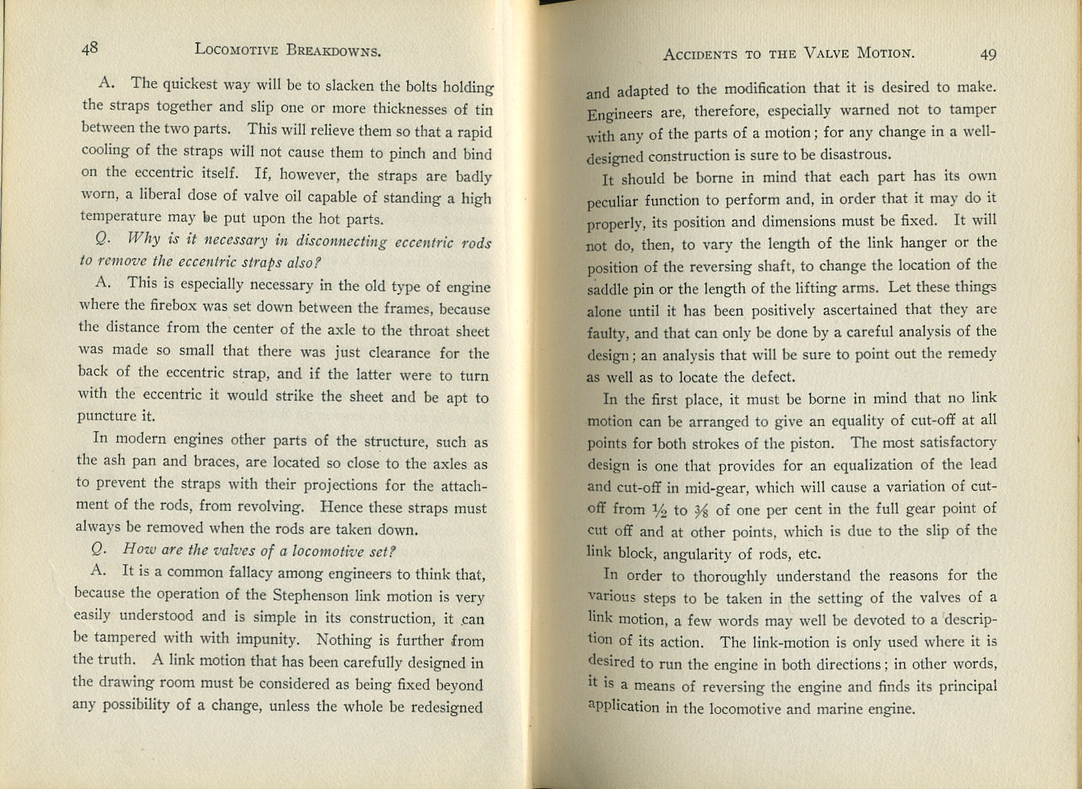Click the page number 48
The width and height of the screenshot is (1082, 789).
[89, 48]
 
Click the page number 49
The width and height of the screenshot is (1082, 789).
[988, 54]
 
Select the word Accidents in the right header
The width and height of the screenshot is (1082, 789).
[700, 54]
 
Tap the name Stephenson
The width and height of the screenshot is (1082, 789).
[311, 597]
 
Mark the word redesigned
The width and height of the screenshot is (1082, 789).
[446, 707]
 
